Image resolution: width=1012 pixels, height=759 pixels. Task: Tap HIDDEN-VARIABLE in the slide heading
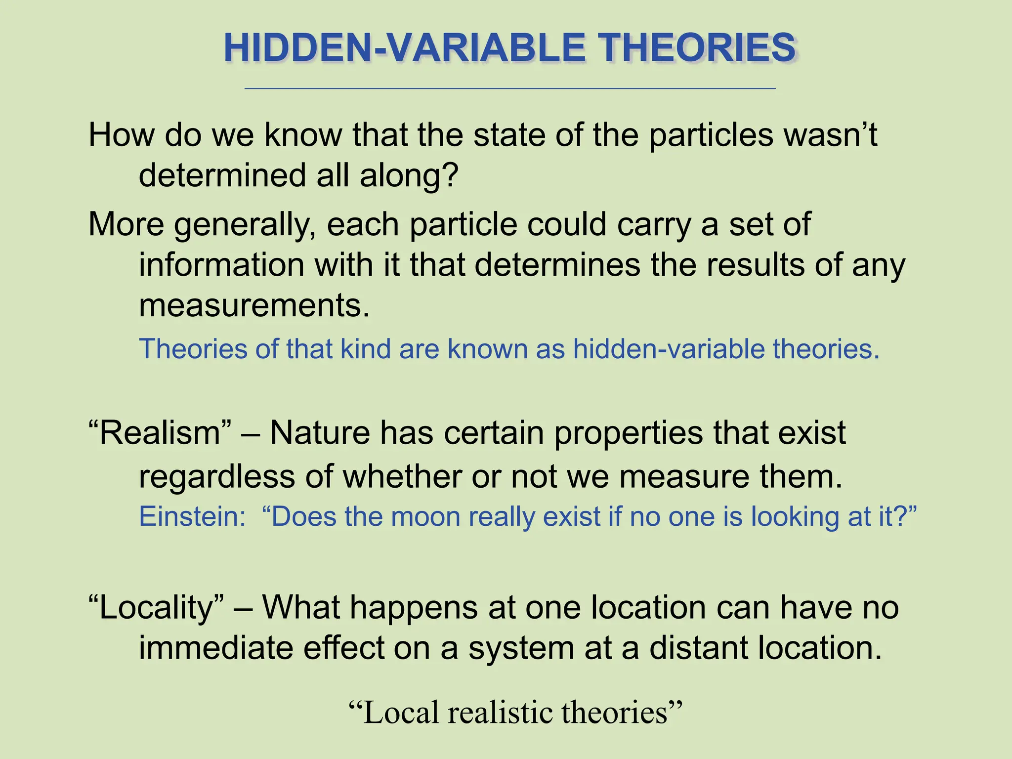(405, 48)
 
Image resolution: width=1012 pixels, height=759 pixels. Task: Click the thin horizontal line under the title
(510, 88)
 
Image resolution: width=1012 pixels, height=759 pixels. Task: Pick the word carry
(654, 224)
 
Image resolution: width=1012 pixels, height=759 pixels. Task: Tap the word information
(221, 265)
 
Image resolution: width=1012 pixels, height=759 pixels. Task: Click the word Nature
(320, 433)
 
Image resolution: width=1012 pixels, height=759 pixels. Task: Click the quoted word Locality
(156, 607)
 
